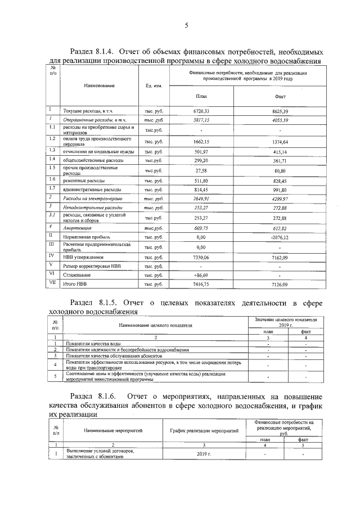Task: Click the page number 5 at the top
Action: [x=186, y=24]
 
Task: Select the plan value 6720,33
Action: [x=201, y=111]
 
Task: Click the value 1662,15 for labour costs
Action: [x=201, y=142]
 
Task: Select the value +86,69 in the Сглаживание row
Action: [x=200, y=275]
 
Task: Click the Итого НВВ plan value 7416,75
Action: [x=201, y=285]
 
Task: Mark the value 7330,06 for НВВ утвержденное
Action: [x=201, y=256]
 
